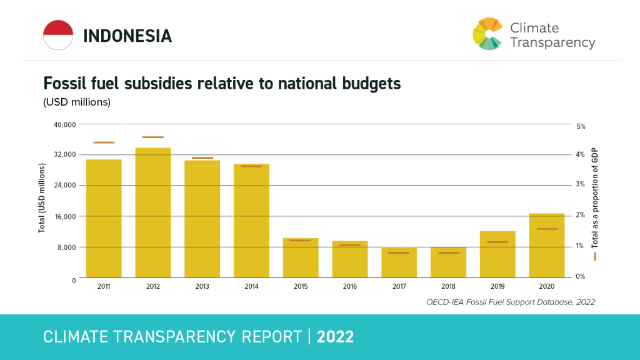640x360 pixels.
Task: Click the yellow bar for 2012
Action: (x=153, y=212)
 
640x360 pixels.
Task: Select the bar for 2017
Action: (x=399, y=262)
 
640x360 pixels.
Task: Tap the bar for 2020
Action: (x=547, y=246)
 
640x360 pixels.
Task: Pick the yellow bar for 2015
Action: (x=301, y=257)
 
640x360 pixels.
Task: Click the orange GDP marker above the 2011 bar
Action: (x=104, y=142)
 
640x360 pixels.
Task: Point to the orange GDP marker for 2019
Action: (x=497, y=242)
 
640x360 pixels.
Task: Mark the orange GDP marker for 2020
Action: (x=547, y=229)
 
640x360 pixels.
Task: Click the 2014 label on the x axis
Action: (x=251, y=286)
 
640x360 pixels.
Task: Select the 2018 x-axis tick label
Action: (x=448, y=286)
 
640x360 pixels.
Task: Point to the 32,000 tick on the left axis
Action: (x=64, y=154)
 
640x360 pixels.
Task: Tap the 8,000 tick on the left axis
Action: (x=66, y=247)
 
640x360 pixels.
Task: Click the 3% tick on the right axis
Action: (x=580, y=184)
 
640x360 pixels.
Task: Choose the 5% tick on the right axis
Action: (x=580, y=126)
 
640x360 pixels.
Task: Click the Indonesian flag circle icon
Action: (x=58, y=35)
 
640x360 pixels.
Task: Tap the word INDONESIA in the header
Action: (x=127, y=36)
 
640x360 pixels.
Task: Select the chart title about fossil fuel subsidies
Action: (x=221, y=83)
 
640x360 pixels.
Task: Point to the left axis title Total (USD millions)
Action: (x=42, y=198)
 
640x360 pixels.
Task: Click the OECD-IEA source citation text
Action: (x=511, y=302)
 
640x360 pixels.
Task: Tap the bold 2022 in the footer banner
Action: (x=335, y=337)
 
